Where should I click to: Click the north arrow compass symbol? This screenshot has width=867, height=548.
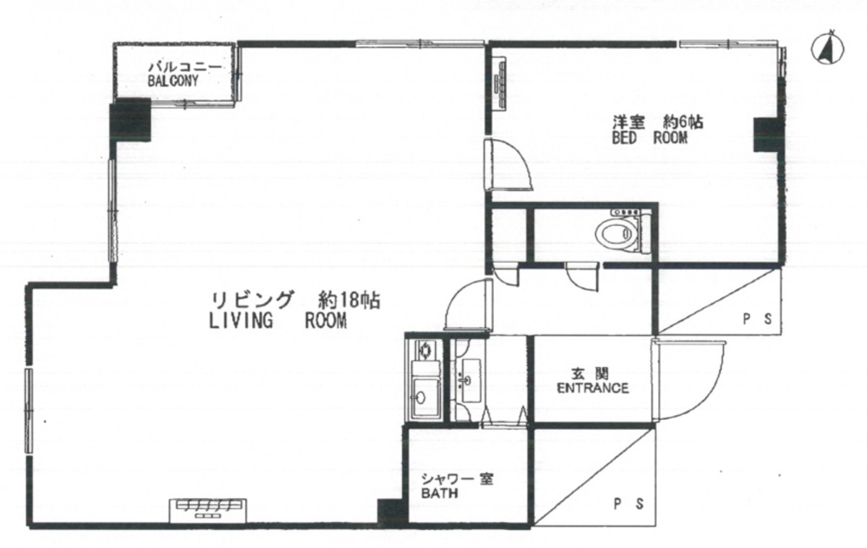click(x=827, y=49)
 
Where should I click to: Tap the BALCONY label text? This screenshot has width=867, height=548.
click(x=173, y=81)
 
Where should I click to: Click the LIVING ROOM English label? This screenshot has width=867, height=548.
click(x=278, y=321)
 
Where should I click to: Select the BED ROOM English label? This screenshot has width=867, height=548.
click(x=649, y=138)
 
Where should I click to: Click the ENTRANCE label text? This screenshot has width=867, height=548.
click(x=593, y=388)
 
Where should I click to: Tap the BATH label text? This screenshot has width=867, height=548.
click(x=440, y=493)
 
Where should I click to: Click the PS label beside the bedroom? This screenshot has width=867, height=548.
click(x=757, y=319)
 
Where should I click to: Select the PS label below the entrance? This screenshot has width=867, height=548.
click(x=629, y=504)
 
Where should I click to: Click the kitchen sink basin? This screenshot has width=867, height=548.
click(x=424, y=396)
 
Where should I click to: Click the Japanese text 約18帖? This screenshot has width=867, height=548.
click(x=349, y=300)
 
